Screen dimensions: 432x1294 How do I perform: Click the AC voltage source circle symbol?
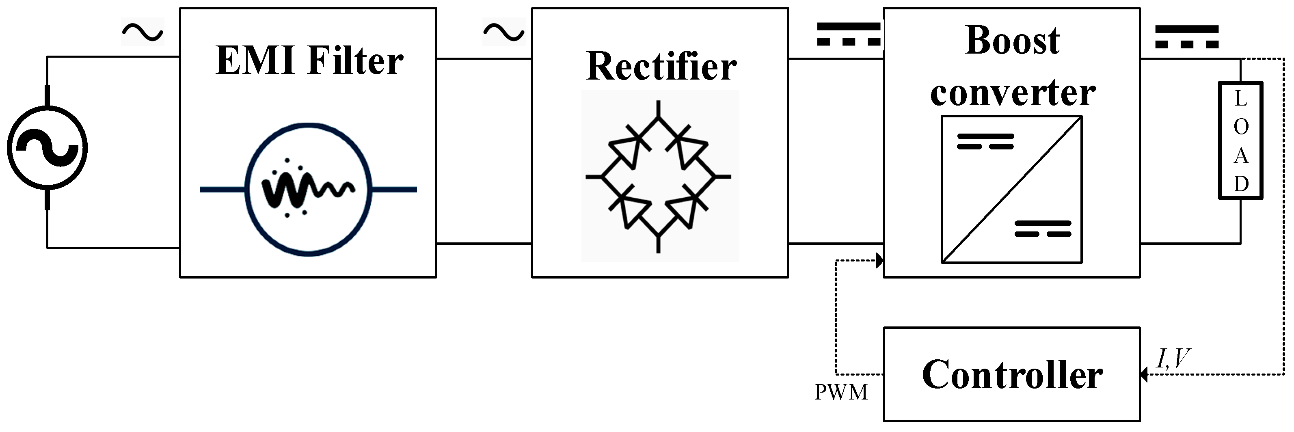coord(47,148)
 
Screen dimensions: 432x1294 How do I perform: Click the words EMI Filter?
coord(309,61)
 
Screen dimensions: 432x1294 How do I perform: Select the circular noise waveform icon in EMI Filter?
coord(309,189)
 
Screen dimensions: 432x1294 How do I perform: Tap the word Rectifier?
coord(661,67)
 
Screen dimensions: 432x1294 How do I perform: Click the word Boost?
coord(1012,41)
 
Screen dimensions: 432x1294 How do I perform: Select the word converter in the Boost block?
coord(1012,93)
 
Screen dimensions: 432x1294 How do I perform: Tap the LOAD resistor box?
coord(1240,140)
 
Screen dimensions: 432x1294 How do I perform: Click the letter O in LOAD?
coord(1241,127)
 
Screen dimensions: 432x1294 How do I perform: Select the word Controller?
coord(1012,375)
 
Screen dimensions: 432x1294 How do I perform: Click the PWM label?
coord(841,392)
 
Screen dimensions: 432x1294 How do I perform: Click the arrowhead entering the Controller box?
coord(1144,374)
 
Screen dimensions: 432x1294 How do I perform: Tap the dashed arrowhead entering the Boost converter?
coord(879,260)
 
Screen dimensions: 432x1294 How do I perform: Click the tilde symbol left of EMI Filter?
coord(143,32)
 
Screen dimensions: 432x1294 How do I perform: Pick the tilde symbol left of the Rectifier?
coord(503,32)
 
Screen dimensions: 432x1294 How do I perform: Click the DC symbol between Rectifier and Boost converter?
coord(849,34)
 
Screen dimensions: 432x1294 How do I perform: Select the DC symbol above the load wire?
coord(1186,37)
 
